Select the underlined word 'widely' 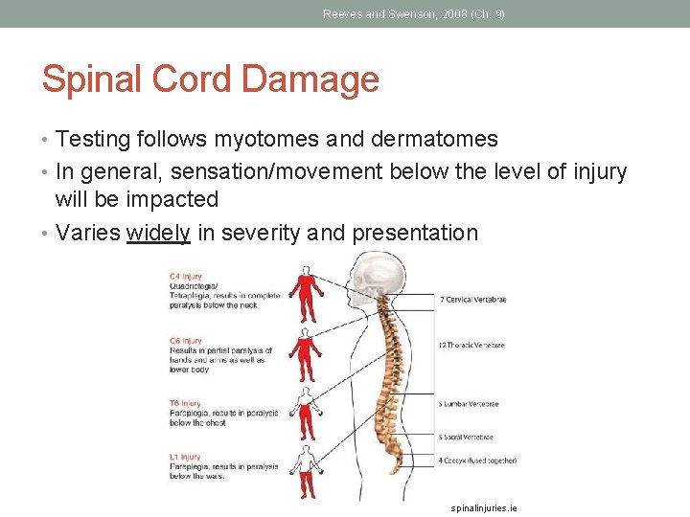pos(158,233)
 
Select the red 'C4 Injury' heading pos(186,277)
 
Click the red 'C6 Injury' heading pos(186,341)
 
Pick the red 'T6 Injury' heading pos(186,403)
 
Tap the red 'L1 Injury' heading pos(186,457)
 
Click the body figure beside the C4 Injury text pos(306,296)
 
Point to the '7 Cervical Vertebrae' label pos(472,300)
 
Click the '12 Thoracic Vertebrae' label pos(471,345)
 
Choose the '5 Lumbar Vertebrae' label pos(469,404)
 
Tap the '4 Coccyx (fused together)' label pos(477,461)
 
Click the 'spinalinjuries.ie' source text pos(484,507)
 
